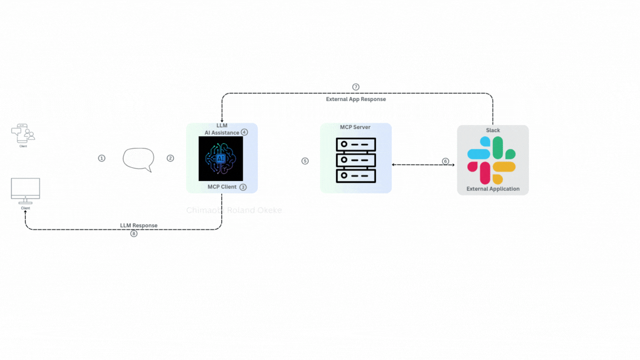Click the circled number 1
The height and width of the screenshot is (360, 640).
102,158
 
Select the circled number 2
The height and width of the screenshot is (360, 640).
171,158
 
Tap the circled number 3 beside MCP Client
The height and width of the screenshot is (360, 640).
243,187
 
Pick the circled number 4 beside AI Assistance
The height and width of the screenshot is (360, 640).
244,132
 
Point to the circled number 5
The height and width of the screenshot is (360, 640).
305,161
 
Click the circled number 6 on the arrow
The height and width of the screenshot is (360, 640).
446,161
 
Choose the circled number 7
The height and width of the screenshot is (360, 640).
356,87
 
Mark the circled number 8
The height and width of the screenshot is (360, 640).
134,234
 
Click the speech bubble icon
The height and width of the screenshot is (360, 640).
138,159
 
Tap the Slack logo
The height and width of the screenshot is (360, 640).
492,160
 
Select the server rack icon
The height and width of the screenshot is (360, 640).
356,161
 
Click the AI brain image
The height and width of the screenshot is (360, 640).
221,159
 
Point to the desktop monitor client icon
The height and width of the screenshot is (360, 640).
26,191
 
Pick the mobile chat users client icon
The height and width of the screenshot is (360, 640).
23,134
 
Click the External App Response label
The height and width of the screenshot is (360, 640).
356,99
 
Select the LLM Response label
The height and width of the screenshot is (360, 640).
139,226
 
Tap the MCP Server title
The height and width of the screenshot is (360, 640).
355,127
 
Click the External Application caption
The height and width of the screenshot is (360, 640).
493,189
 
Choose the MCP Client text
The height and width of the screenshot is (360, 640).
222,187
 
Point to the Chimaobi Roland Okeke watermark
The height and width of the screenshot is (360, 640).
235,211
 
